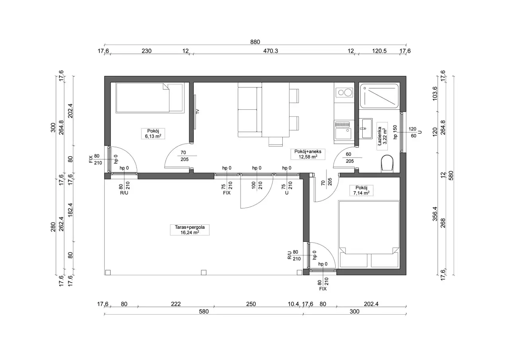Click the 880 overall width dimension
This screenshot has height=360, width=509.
(255, 42)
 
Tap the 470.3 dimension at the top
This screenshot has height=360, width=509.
(270, 51)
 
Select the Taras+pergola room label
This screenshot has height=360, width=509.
(190, 230)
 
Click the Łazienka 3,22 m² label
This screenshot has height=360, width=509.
(382, 136)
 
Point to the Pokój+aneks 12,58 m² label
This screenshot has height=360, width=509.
(308, 154)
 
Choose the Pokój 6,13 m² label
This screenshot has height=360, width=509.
(153, 134)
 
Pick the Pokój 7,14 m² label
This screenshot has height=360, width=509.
(361, 191)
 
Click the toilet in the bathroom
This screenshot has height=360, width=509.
(387, 163)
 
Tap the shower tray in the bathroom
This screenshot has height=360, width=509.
(379, 96)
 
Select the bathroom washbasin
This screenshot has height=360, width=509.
(365, 128)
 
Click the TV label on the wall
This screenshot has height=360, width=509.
(197, 111)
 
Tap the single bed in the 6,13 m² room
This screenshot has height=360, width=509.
(150, 98)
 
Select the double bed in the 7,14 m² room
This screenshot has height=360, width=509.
(369, 234)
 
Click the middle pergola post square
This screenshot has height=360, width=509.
(204, 272)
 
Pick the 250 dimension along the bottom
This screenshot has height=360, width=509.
(251, 304)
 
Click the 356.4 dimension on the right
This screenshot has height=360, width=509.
(435, 214)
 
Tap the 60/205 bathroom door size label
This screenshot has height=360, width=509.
(349, 158)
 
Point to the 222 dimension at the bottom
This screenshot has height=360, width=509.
(176, 304)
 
